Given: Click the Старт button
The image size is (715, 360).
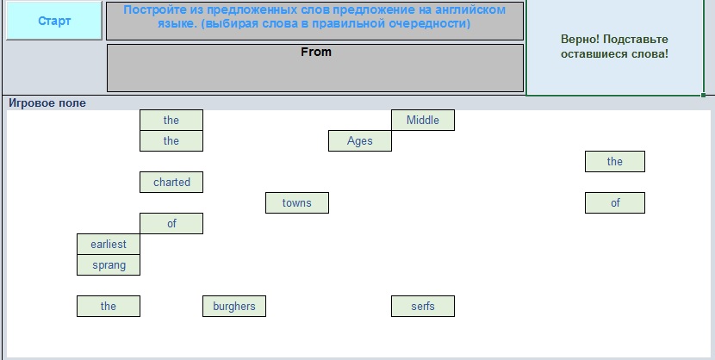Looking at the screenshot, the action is pos(54,21).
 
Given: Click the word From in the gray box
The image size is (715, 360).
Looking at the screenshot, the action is pos(316,52).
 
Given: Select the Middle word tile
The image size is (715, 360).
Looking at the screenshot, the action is pos(423,120).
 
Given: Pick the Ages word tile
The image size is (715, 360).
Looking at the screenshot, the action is pos(360,140).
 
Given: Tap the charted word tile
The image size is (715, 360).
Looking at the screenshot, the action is pos(171,183).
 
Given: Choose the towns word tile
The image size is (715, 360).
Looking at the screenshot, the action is pos(297,202).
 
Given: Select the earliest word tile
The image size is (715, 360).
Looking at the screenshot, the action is pos(109,245).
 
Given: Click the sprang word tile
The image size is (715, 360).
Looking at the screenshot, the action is pos(109,264).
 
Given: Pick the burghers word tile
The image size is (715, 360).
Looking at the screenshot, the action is pos(234,307).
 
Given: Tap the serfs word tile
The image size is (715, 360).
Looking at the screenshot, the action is pos(423,307).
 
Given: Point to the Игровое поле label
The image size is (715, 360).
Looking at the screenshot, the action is pos(47,103).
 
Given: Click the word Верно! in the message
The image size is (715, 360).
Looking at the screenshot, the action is pos(580,40).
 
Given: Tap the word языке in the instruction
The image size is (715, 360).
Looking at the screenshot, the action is pos(177,23).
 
